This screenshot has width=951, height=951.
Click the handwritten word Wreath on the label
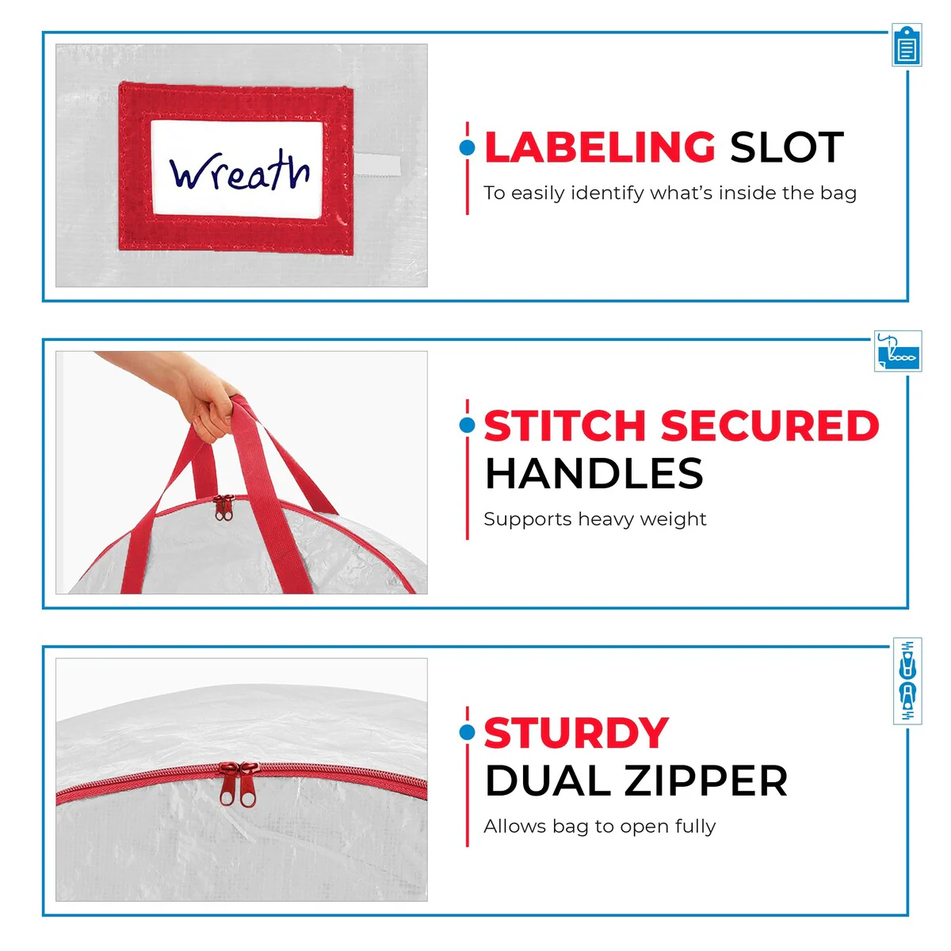point(239,170)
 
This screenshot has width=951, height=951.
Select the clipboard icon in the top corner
point(907,45)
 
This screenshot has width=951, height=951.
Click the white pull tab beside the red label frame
point(377,164)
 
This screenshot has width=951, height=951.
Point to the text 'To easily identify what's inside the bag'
point(670,193)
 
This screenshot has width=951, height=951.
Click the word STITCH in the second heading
point(564,426)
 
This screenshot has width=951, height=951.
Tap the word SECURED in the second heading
point(770,426)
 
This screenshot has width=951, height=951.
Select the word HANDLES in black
point(594,473)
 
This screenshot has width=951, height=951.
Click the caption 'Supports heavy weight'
point(594,519)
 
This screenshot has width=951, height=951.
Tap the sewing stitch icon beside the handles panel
point(898,351)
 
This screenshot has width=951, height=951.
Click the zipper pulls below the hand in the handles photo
point(223,508)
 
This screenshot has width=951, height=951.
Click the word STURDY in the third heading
point(576,733)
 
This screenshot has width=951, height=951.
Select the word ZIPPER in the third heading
point(706,781)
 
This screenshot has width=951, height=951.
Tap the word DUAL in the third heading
point(548,781)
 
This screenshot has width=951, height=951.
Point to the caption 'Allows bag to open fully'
point(599,827)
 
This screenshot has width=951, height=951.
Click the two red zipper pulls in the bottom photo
point(239,785)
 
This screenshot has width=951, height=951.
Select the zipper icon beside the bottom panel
point(907,682)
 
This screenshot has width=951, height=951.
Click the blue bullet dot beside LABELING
point(467,147)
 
